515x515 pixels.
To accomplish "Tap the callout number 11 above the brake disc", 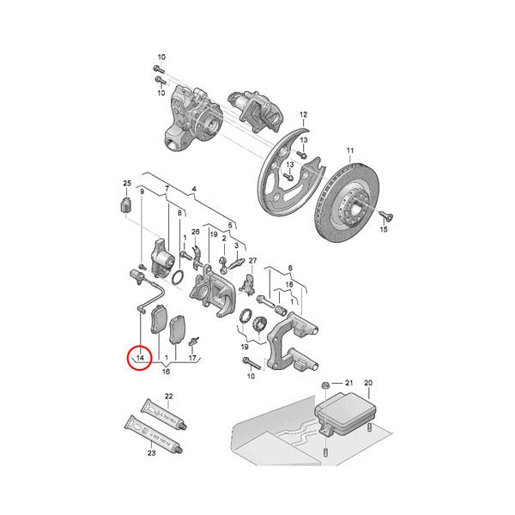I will pos(349,152).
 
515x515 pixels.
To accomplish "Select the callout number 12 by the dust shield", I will pos(302,114).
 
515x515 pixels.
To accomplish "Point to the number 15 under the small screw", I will pos(384,231).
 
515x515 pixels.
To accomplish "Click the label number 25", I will pos(127,184).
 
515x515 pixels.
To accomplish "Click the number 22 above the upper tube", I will pos(169,396).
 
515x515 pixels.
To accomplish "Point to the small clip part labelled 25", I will pos(123,204).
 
